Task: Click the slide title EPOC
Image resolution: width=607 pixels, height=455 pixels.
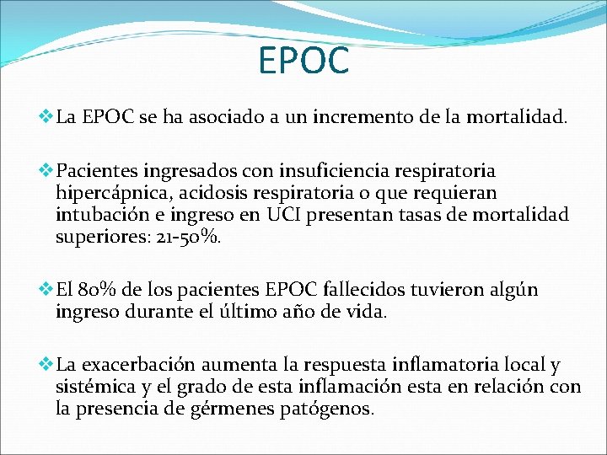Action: [x=303, y=60]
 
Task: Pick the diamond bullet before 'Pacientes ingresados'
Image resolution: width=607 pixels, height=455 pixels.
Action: [x=46, y=171]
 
